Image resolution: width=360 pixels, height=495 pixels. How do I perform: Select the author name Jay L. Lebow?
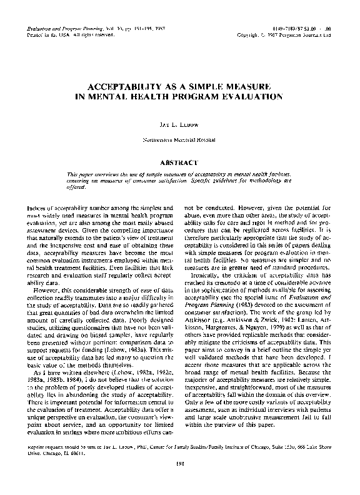(x=179, y=126)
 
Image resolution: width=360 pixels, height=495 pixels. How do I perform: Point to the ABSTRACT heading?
(x=179, y=162)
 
